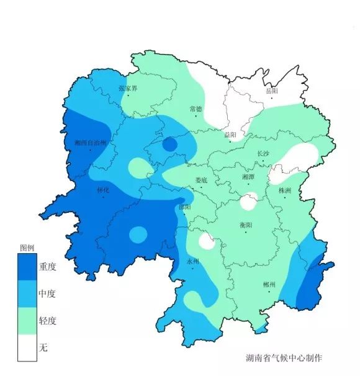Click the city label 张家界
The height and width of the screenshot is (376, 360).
point(128,89)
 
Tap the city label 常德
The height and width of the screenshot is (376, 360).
point(196,109)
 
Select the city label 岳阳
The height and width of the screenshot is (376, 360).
point(272,91)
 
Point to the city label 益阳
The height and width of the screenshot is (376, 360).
point(230,134)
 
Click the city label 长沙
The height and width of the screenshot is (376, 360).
point(263,154)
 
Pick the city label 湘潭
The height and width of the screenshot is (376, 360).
point(248,177)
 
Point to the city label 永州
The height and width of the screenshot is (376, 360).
point(193,261)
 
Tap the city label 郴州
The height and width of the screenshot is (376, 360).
point(269,284)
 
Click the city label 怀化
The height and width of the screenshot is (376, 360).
point(103,190)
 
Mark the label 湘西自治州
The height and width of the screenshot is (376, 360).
point(91,143)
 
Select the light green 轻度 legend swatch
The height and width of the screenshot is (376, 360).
point(27,320)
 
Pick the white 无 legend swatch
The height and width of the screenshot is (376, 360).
point(27,347)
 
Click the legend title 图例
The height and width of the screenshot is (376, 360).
point(27,247)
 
